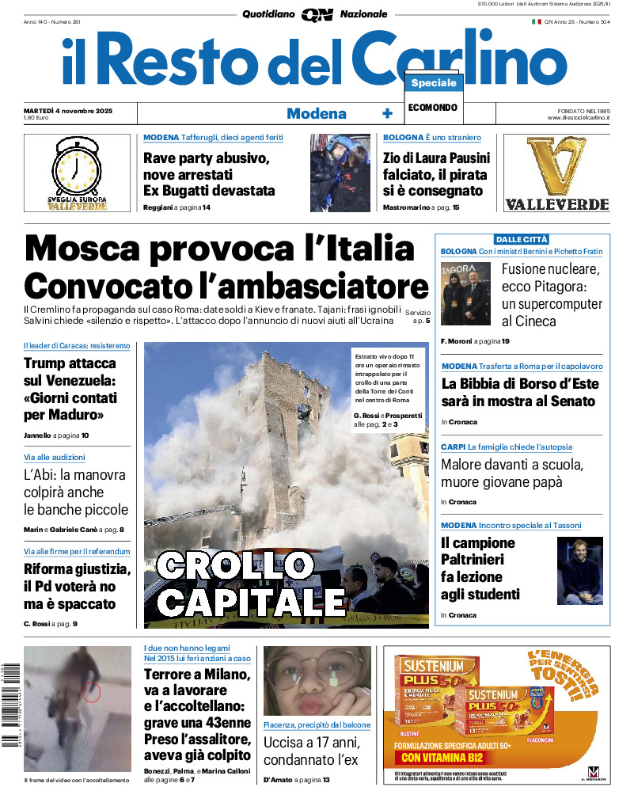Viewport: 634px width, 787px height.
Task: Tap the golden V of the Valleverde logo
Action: coord(556,167)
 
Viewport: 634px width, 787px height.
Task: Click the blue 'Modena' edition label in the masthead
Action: coord(317,114)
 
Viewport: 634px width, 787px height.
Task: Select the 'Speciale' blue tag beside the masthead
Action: coord(434,83)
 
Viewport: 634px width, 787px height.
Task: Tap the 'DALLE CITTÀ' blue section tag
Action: coord(522,239)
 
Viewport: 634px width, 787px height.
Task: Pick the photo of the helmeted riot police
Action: coord(340,173)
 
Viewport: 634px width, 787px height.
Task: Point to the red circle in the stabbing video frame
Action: coord(92,692)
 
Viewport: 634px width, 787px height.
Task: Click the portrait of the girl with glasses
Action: coord(317,681)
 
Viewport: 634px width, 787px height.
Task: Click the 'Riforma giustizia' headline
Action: coord(77,568)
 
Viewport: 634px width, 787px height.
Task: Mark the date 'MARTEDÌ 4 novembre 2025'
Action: coord(68,111)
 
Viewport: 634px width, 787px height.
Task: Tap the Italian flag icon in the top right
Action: coord(536,22)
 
